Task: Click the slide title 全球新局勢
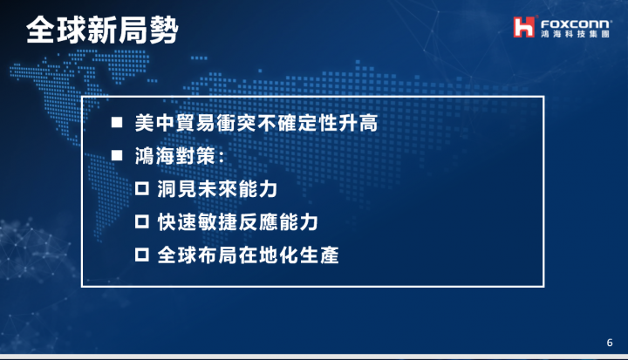tap(102, 30)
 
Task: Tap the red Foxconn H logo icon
tap(524, 27)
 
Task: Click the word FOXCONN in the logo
tap(576, 24)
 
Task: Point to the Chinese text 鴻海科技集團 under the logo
tap(575, 34)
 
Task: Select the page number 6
tap(610, 343)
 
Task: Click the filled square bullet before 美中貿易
tap(117, 122)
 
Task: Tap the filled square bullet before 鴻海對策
tap(117, 155)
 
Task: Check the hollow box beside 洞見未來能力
tap(142, 188)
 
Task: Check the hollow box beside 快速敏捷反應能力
tap(142, 221)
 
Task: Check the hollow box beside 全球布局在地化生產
tap(142, 255)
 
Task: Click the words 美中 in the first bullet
tap(154, 123)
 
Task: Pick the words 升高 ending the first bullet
tap(358, 123)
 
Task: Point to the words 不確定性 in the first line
tap(297, 123)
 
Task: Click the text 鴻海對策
tap(175, 156)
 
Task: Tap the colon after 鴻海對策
tap(221, 157)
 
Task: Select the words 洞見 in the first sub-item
tap(176, 189)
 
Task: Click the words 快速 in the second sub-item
tap(176, 222)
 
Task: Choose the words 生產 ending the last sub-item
tap(319, 255)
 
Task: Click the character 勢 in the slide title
tap(164, 30)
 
